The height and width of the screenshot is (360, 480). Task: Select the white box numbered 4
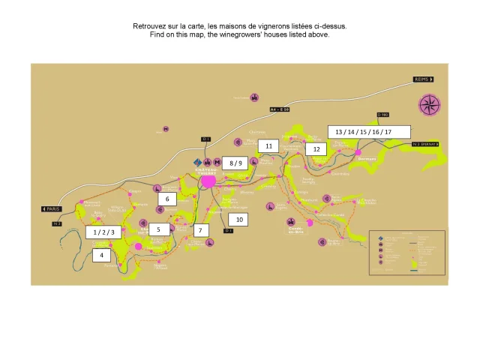pyautogui.click(x=101, y=255)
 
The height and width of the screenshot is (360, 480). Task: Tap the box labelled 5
pyautogui.click(x=159, y=229)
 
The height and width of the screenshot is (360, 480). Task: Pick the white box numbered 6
pyautogui.click(x=167, y=199)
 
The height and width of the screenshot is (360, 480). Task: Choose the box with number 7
pyautogui.click(x=199, y=230)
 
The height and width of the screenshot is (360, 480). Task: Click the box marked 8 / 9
pyautogui.click(x=235, y=162)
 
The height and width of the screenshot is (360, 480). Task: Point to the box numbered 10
pyautogui.click(x=239, y=220)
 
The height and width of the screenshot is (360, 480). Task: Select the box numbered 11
pyautogui.click(x=268, y=145)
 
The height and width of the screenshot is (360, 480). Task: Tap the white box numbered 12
pyautogui.click(x=316, y=149)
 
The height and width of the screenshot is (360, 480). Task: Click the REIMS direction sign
pyautogui.click(x=424, y=79)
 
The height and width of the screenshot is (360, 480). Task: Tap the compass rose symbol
pyautogui.click(x=430, y=105)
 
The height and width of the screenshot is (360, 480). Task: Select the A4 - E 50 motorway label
pyautogui.click(x=285, y=109)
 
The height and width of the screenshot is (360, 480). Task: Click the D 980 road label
pyautogui.click(x=383, y=115)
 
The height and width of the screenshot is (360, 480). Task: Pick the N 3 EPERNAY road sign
pyautogui.click(x=424, y=143)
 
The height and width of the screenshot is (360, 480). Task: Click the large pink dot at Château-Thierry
pyautogui.click(x=208, y=181)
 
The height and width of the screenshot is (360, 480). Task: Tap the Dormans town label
pyautogui.click(x=367, y=159)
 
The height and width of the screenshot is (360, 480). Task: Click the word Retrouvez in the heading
pyautogui.click(x=151, y=26)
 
